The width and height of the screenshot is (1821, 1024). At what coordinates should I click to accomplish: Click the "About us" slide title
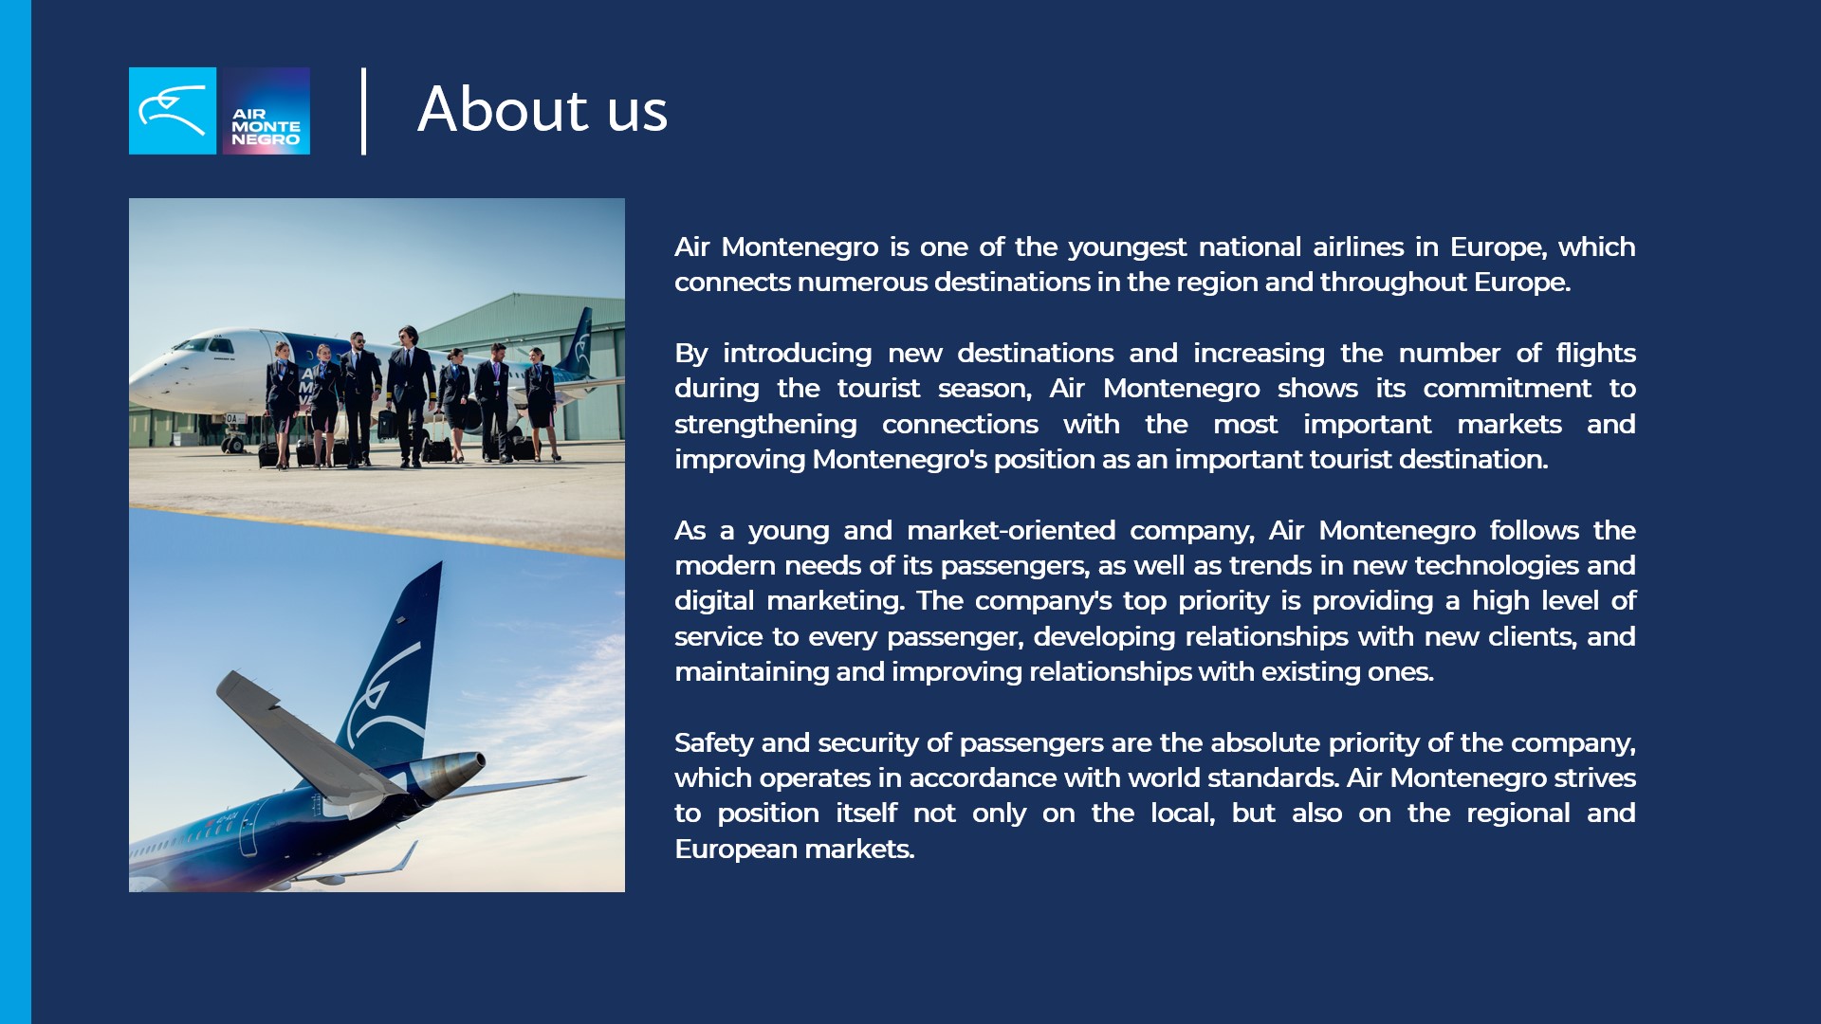543,109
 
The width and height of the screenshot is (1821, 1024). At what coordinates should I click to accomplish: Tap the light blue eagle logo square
173,111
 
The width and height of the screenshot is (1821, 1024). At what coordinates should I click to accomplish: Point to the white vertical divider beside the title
364,111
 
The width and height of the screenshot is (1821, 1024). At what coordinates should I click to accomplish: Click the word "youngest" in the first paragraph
1127,247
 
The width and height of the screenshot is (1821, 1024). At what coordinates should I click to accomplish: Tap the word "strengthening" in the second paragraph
765,425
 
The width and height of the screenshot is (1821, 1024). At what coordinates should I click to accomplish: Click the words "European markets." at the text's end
795,849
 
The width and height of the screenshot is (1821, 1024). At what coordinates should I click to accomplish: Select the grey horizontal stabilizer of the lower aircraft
303,734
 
